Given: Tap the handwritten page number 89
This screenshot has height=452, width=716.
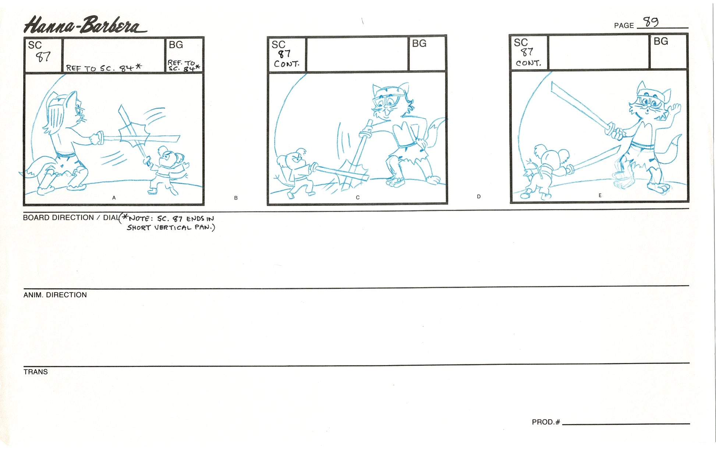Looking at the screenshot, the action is (x=651, y=22).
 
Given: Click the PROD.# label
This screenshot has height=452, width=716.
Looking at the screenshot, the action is (x=546, y=422).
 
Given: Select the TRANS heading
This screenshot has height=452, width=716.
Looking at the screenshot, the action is (x=36, y=372).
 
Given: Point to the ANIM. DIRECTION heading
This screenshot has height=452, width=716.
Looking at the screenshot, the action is (x=55, y=295).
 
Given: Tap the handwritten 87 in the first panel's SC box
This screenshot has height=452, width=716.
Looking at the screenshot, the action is (x=43, y=57).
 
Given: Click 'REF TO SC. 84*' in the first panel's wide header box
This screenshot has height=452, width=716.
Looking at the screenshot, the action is (x=104, y=68).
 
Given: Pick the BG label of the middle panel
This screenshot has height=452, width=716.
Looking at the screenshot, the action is (x=419, y=43).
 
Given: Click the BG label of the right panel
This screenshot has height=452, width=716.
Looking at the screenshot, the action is (x=661, y=41).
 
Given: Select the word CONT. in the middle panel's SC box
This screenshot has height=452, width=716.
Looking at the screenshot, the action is (x=287, y=64).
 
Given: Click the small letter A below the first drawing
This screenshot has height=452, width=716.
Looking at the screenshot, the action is (x=114, y=198).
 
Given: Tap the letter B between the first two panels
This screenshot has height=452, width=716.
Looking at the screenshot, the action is (x=236, y=198).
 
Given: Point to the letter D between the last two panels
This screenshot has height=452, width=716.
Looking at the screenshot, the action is (x=479, y=197).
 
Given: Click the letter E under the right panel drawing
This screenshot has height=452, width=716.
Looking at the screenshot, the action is (x=600, y=195).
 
